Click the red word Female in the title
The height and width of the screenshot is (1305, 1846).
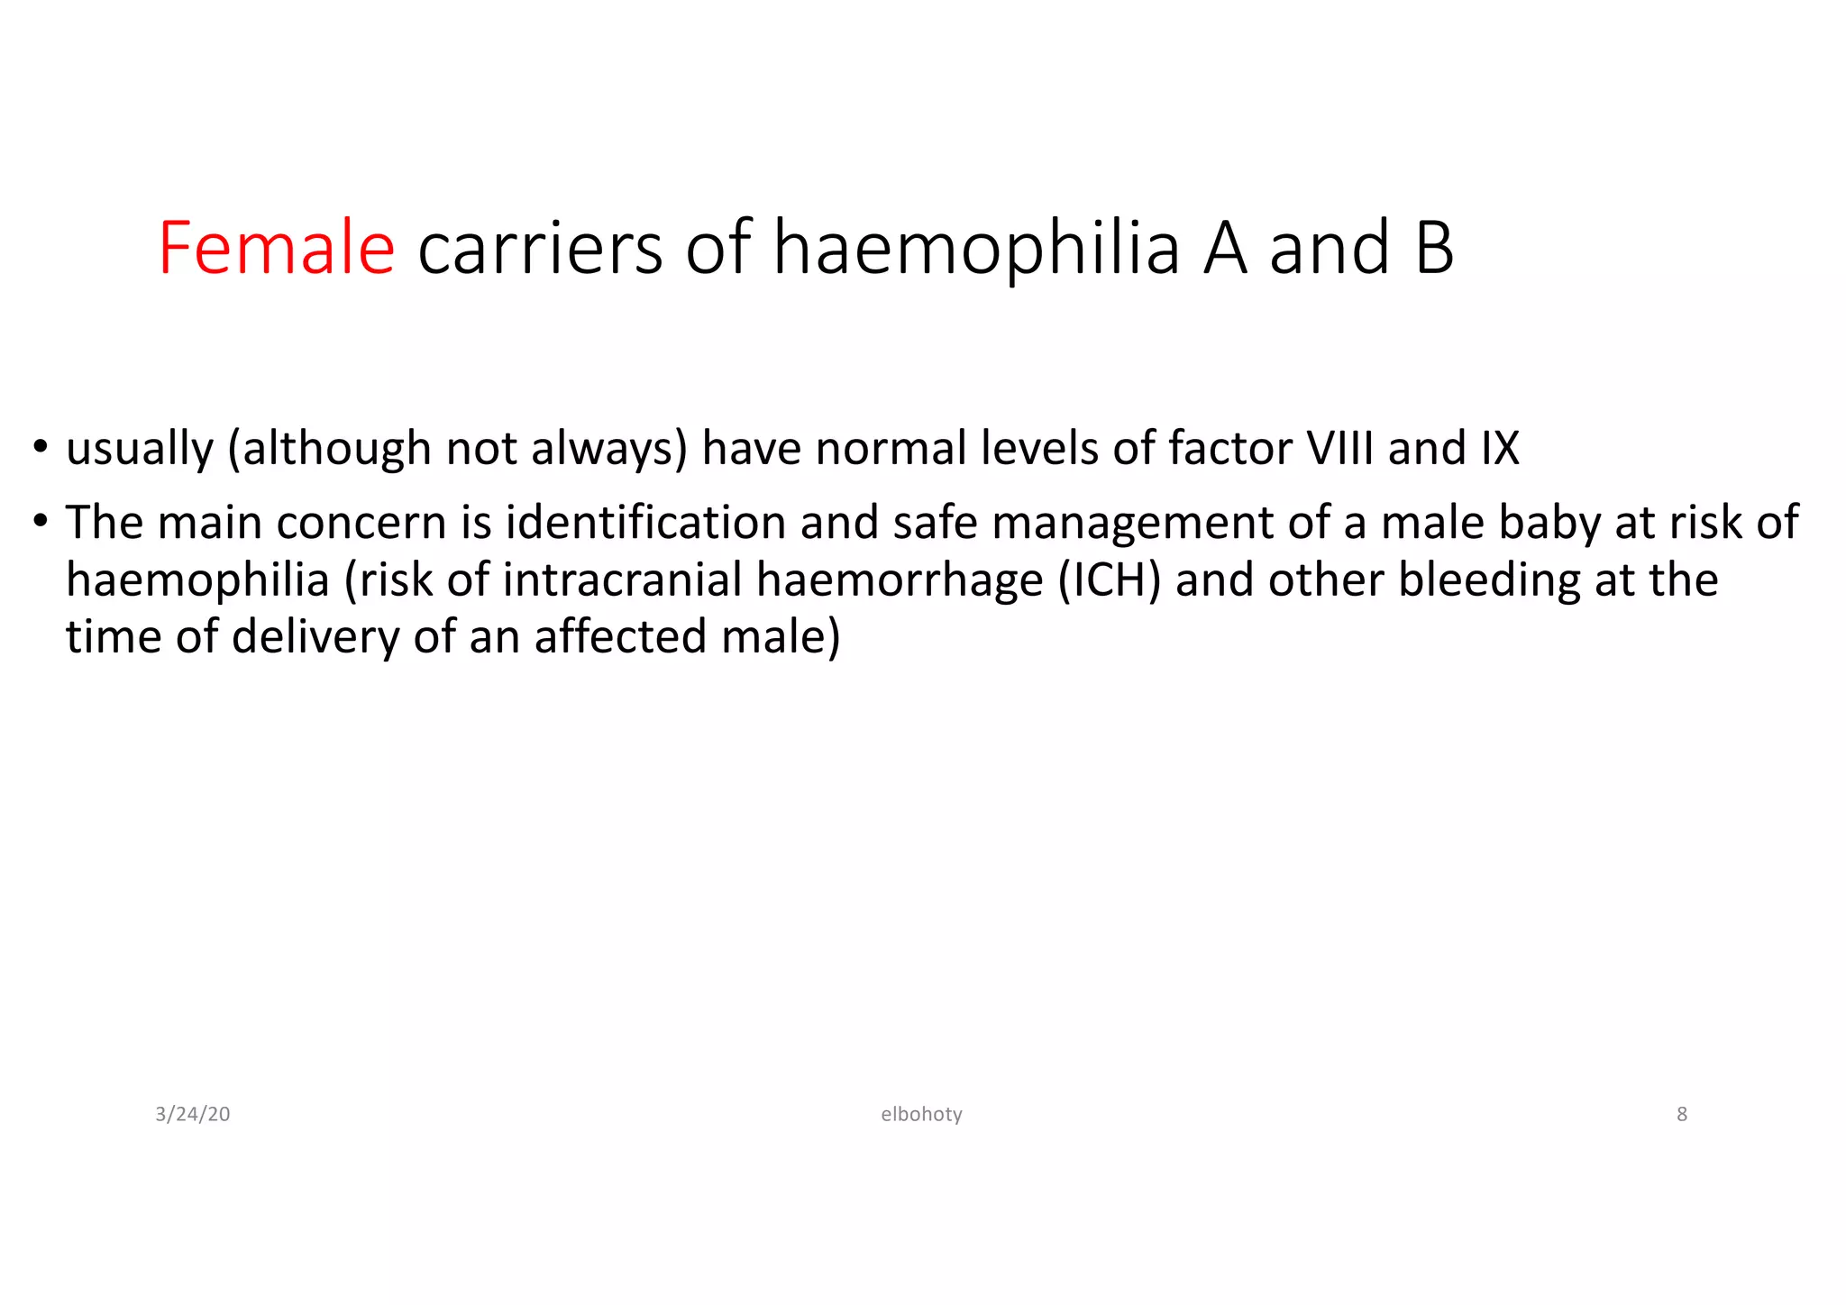click(x=276, y=248)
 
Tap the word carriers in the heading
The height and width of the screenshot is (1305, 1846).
click(x=540, y=248)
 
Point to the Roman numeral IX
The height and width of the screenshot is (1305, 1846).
click(x=1499, y=448)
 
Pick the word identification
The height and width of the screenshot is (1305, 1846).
click(x=645, y=523)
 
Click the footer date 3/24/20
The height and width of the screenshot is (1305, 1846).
click(x=193, y=1115)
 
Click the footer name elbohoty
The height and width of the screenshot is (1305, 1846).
click(x=921, y=1115)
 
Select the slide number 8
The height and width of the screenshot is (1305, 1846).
click(x=1681, y=1115)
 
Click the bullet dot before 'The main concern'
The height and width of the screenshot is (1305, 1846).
click(x=41, y=522)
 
